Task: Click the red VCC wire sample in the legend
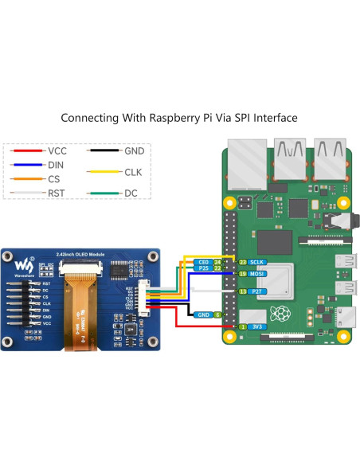click(x=26, y=150)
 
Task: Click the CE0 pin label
click(x=202, y=261)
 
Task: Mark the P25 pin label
click(x=202, y=268)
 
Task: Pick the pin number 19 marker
click(x=242, y=274)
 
